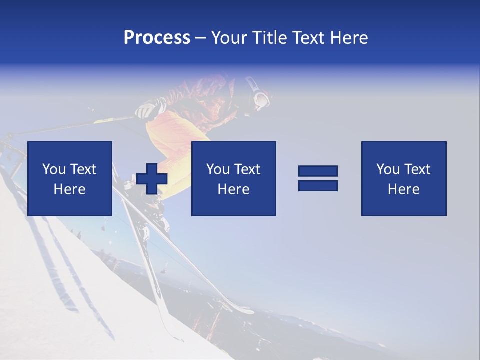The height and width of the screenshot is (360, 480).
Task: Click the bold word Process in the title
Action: tap(157, 38)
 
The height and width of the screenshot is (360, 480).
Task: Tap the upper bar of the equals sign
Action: tap(318, 171)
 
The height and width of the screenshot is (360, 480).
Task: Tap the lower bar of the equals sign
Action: tap(318, 186)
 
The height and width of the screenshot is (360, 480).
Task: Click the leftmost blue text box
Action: tap(70, 178)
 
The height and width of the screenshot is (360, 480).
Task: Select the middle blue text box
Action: tap(233, 178)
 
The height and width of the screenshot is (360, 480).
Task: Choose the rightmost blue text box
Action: tap(404, 178)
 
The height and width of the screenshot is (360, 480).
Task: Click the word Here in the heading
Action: tap(349, 38)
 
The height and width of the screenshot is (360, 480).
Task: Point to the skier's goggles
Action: tap(260, 99)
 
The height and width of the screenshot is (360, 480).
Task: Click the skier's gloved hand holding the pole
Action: tap(146, 110)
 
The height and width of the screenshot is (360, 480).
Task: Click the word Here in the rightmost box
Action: tap(404, 189)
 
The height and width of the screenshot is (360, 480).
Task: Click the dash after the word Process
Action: tap(201, 38)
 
